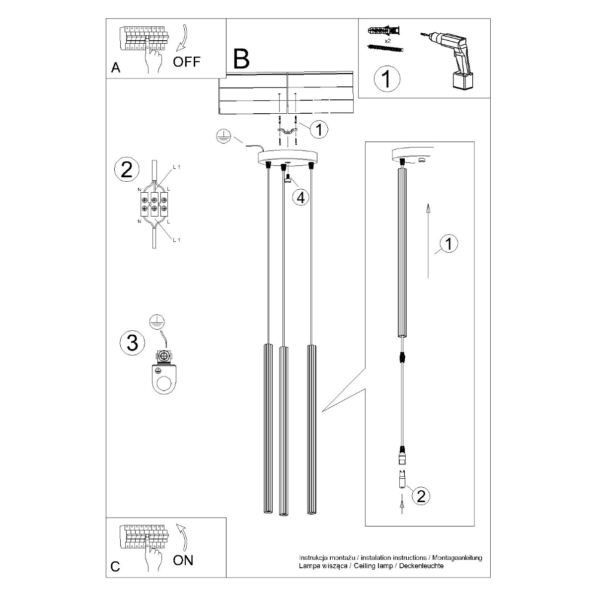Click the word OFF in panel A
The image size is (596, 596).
click(x=187, y=62)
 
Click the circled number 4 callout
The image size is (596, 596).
click(x=300, y=197)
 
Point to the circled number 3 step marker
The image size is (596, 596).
click(x=132, y=342)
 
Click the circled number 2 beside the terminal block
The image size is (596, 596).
click(x=127, y=170)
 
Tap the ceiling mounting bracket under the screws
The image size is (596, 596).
click(x=287, y=131)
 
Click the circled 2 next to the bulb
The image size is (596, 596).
click(x=421, y=496)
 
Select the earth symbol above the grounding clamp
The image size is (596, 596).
click(x=156, y=322)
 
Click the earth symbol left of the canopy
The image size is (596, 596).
click(x=223, y=137)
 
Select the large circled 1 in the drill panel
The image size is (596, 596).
click(x=386, y=79)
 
